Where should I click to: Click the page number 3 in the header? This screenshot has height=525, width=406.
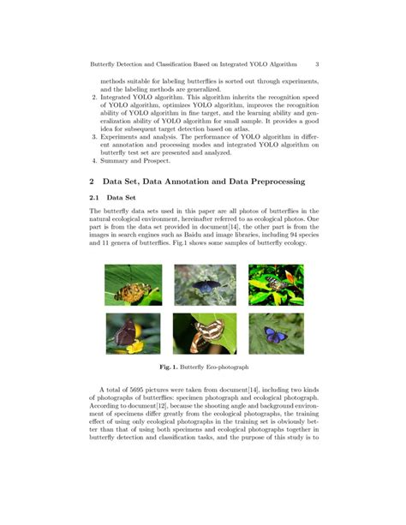pos(317,63)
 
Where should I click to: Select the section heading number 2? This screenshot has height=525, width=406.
pos(92,182)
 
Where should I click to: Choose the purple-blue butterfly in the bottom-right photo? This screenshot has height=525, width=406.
pos(276,331)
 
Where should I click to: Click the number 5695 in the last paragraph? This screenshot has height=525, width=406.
pos(142,389)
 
